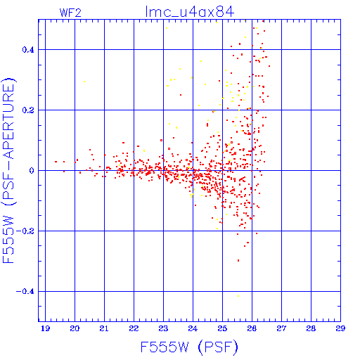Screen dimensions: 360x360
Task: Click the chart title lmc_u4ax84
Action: tap(190, 12)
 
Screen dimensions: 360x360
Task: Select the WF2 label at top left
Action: tap(70, 13)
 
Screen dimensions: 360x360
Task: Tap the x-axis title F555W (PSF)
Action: tap(189, 347)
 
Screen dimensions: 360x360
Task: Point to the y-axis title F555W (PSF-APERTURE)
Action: tap(9, 170)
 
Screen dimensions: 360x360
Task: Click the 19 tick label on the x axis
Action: tap(45, 328)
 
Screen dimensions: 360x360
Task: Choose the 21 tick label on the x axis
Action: tap(104, 328)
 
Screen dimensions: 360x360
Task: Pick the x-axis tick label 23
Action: tap(163, 328)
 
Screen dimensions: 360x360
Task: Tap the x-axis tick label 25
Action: tap(222, 328)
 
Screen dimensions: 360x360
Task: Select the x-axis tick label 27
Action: tap(281, 328)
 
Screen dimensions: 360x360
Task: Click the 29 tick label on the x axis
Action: tap(340, 328)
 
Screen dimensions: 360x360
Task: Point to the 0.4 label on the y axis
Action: tap(28, 50)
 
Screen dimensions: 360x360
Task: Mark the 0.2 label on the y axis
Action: tap(28, 110)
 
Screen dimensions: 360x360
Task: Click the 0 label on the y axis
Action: tap(32, 171)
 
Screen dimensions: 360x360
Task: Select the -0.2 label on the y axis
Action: tap(25, 231)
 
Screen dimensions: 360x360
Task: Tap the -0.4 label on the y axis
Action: tap(25, 292)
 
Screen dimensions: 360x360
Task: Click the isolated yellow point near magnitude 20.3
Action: tap(84, 82)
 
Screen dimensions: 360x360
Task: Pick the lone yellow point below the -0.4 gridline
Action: tap(238, 296)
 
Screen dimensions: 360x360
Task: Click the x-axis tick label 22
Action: tap(134, 328)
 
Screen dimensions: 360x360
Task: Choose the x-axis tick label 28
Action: tap(311, 328)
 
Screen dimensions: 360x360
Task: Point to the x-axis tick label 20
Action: tap(75, 328)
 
